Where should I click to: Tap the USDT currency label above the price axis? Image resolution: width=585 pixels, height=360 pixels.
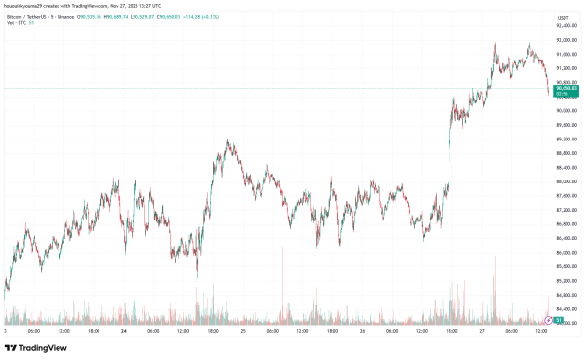tap(563, 18)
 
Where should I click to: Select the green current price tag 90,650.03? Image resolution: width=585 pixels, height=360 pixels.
tap(565, 88)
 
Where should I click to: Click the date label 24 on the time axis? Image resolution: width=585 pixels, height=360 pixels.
tap(123, 331)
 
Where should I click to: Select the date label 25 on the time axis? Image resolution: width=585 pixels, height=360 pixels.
tap(243, 331)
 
